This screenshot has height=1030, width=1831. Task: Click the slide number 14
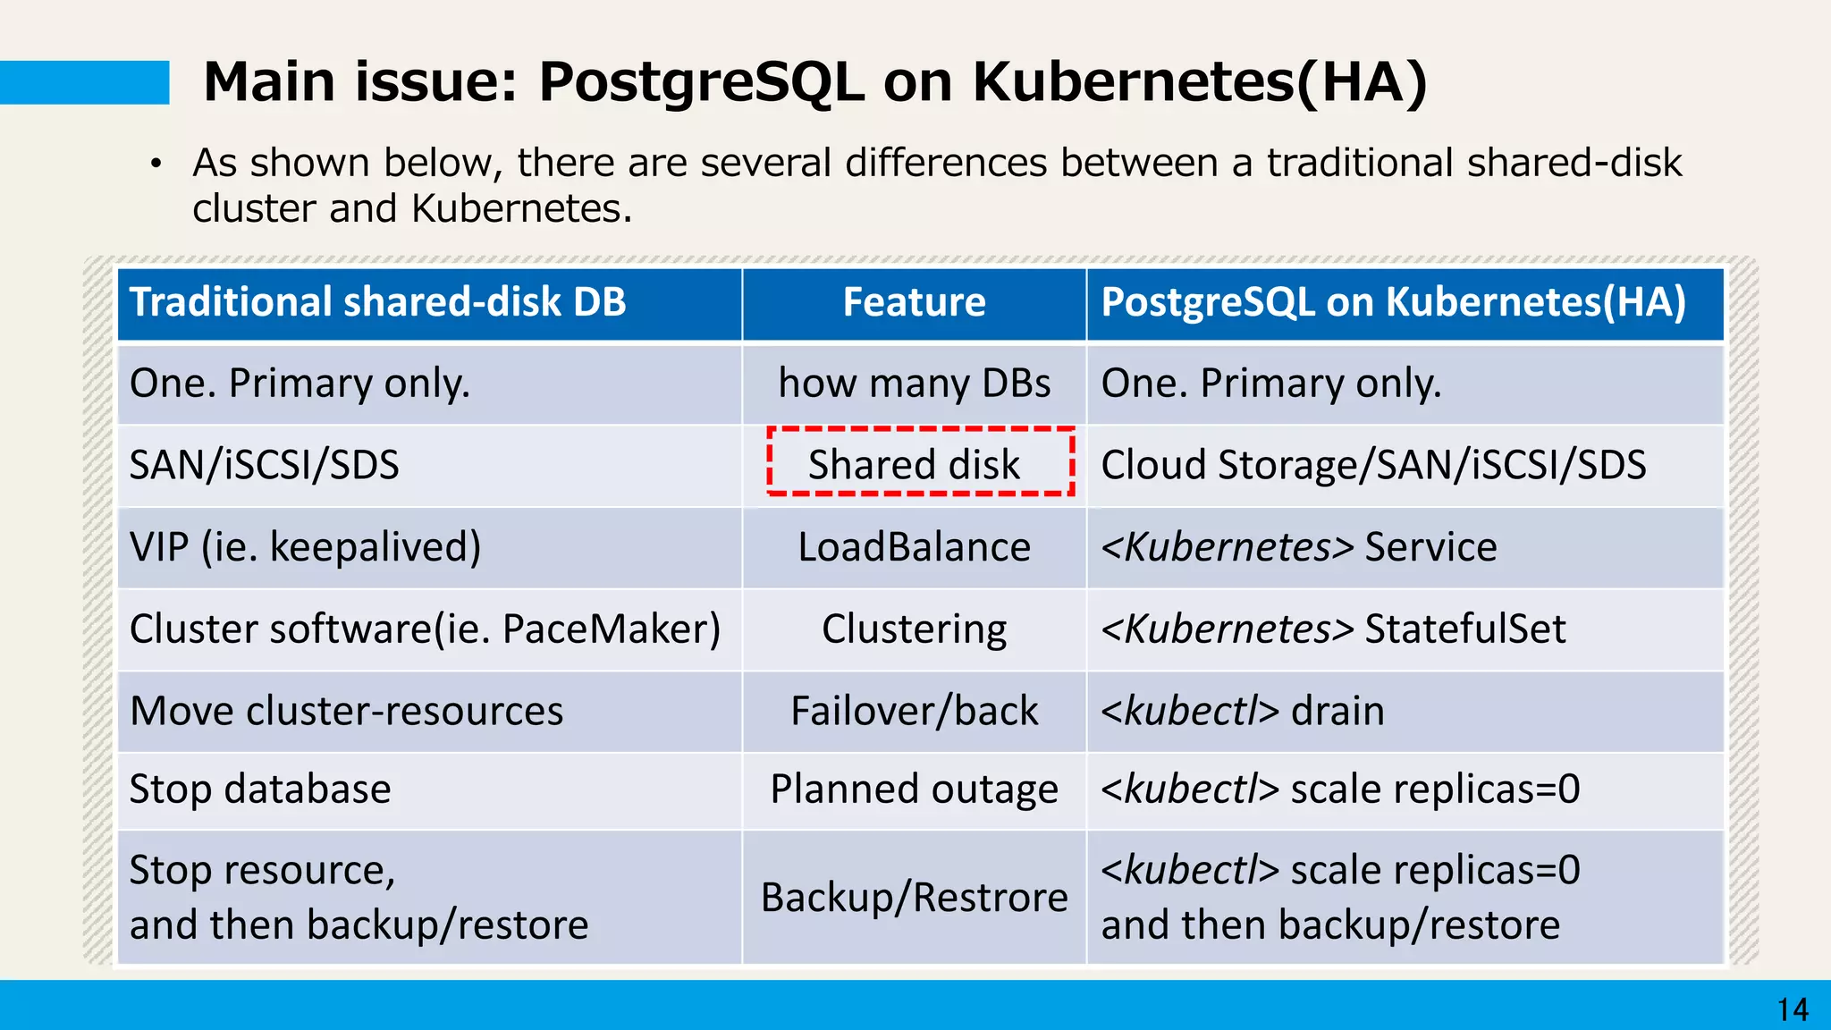1793,1009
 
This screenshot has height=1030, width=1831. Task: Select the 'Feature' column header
914,302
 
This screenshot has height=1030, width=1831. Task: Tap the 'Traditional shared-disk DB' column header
377,302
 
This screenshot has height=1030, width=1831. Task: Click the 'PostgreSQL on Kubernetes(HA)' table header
1393,302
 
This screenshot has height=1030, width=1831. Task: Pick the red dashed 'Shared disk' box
920,462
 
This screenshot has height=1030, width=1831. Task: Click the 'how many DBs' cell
914,383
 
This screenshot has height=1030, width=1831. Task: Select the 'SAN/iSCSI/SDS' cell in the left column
265,465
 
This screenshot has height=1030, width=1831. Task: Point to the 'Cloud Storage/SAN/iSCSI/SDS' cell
1373,465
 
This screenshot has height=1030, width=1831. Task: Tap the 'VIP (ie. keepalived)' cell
305,547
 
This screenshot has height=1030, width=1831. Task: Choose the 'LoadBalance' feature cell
914,547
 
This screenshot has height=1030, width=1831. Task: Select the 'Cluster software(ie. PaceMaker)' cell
425,629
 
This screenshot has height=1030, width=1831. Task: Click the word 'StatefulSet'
1464,629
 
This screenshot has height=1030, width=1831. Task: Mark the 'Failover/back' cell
914,711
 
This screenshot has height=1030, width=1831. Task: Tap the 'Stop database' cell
260,789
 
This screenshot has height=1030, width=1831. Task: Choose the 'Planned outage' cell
914,789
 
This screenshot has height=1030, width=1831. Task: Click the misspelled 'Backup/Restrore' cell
914,897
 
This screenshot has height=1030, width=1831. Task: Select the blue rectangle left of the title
84,82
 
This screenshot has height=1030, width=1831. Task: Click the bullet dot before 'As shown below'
156,164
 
